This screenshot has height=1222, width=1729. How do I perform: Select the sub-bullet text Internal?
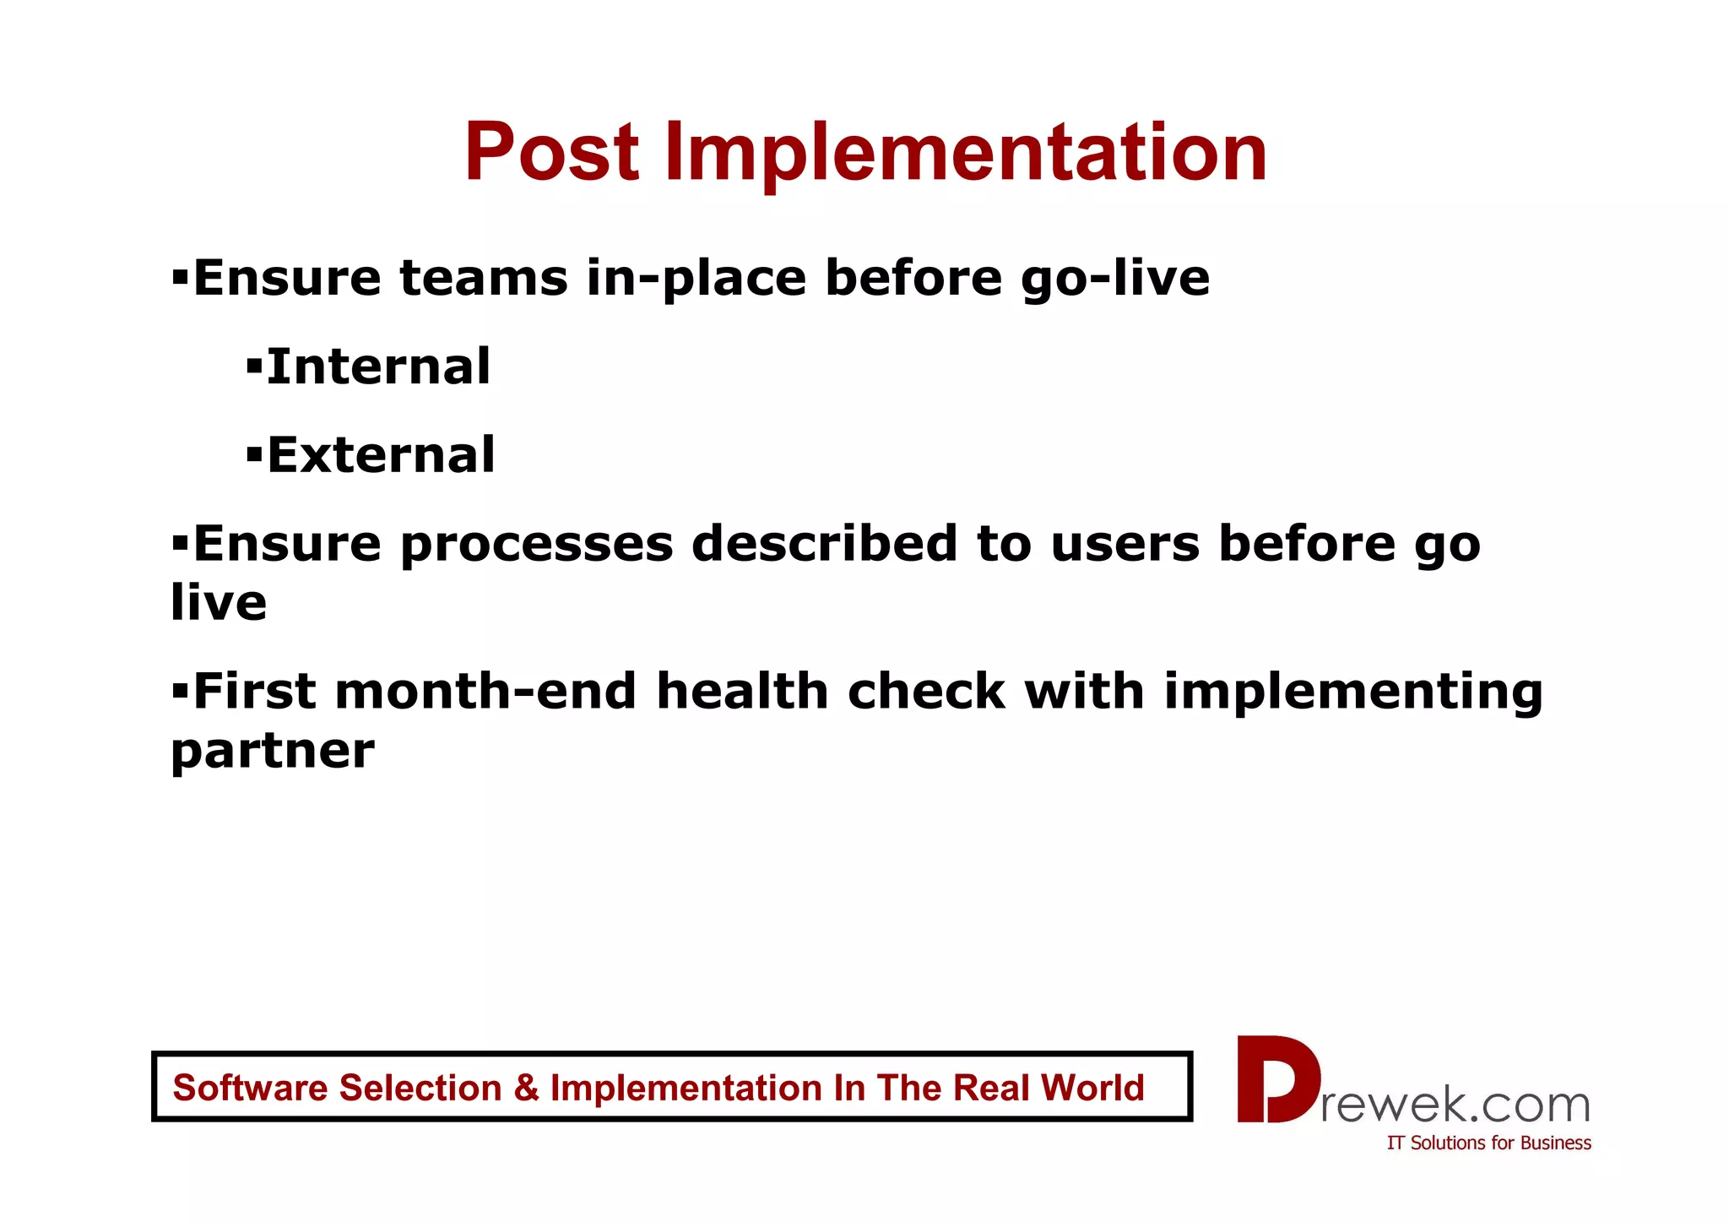click(x=377, y=367)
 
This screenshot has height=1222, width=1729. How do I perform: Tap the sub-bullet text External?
click(x=381, y=455)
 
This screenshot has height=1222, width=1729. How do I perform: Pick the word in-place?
click(x=696, y=280)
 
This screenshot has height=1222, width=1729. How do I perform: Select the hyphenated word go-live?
click(x=1114, y=280)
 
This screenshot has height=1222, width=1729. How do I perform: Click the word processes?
click(x=536, y=545)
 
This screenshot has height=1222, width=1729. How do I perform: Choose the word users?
click(x=1125, y=545)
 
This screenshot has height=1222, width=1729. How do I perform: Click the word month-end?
click(x=485, y=692)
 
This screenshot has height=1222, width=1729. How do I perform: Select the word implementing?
click(x=1352, y=693)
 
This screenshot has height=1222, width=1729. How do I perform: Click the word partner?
click(x=272, y=752)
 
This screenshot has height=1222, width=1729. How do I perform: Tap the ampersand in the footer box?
click(x=526, y=1088)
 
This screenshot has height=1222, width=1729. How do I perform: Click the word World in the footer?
click(x=1092, y=1088)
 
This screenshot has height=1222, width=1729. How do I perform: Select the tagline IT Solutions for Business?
click(x=1488, y=1143)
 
